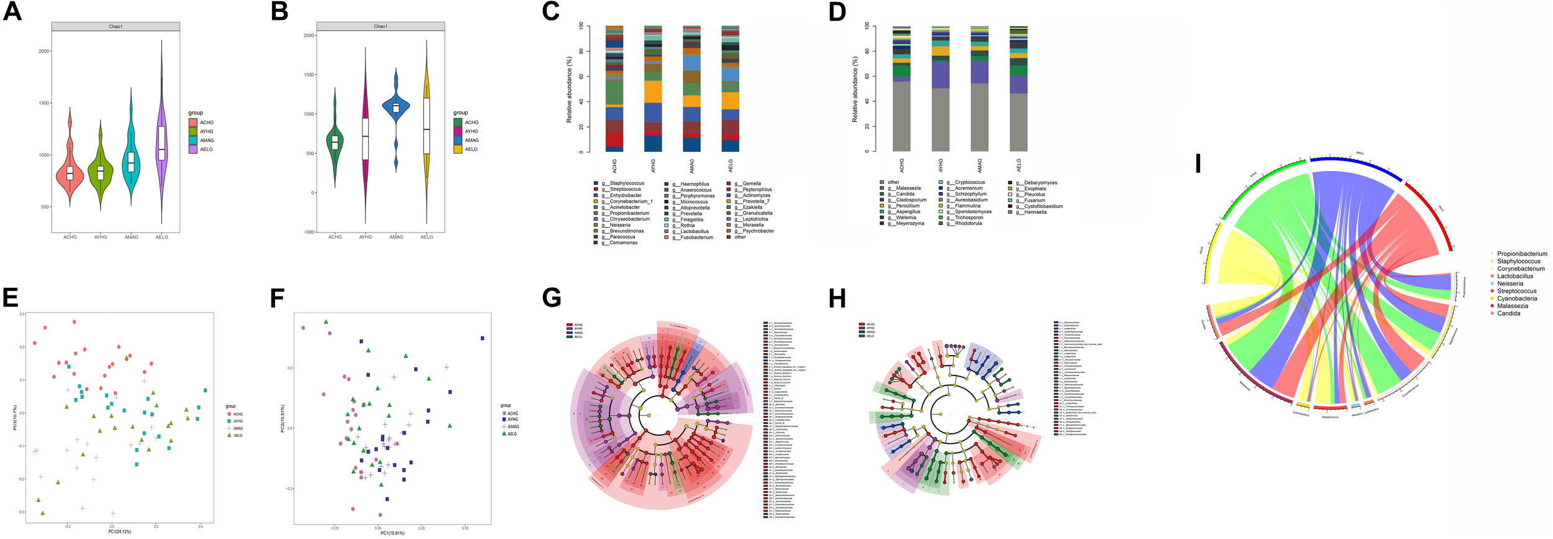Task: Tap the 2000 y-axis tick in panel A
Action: pyautogui.click(x=44, y=51)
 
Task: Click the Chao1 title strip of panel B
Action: pyautogui.click(x=380, y=26)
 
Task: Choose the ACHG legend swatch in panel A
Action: pyautogui.click(x=193, y=122)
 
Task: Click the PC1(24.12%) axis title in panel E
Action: pyautogui.click(x=120, y=532)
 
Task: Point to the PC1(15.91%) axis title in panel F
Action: pyautogui.click(x=393, y=533)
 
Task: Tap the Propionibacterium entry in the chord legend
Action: pyautogui.click(x=1521, y=254)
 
